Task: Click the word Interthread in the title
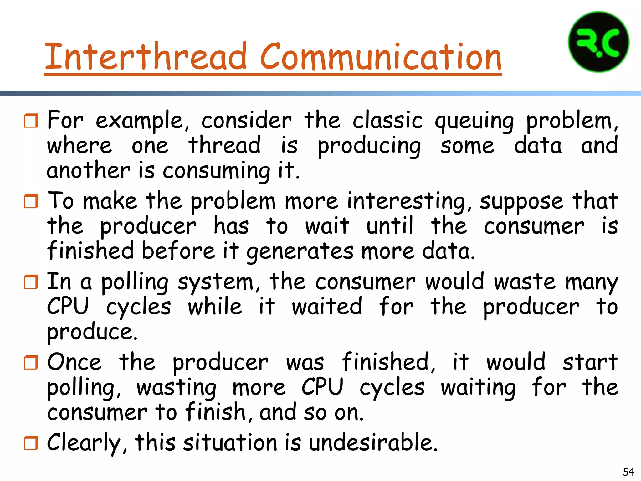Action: [146, 57]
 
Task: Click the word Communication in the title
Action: [381, 57]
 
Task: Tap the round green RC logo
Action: [598, 42]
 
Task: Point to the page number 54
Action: [628, 472]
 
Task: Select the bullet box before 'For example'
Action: [31, 121]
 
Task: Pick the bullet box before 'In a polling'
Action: [31, 282]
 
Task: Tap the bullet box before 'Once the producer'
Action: [31, 362]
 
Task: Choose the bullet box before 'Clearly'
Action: [31, 443]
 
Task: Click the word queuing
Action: [474, 122]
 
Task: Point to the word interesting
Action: [409, 202]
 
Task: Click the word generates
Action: [300, 252]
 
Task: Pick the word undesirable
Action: [373, 443]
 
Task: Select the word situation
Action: [230, 443]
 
